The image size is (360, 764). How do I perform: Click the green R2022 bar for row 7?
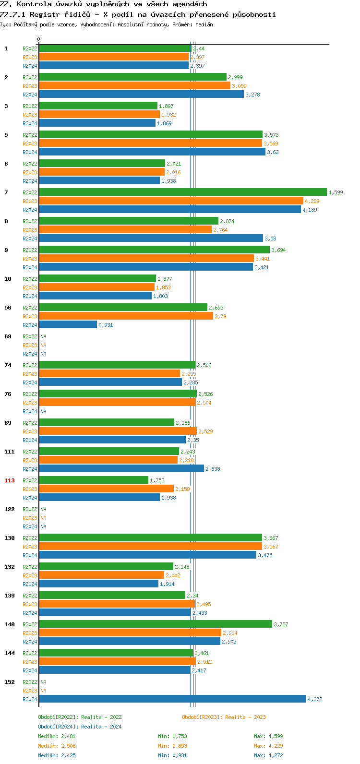pos(182,192)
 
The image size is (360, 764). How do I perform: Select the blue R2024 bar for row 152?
pos(172,699)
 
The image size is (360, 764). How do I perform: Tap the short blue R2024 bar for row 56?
pos(68,325)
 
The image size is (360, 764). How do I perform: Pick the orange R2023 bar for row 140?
pos(130,633)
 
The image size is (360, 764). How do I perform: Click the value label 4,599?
pos(336,192)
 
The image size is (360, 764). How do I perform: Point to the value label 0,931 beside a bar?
pos(106,325)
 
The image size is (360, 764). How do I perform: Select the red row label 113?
pos(10,480)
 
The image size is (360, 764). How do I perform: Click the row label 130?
pos(10,538)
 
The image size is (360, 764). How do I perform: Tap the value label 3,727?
pos(281,624)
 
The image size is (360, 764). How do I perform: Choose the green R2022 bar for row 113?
pos(94,480)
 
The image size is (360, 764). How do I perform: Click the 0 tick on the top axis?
pos(39,39)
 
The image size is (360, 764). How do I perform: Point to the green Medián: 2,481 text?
pos(57,736)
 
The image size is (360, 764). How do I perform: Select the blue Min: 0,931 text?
pos(172,755)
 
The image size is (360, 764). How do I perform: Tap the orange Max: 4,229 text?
pos(268,746)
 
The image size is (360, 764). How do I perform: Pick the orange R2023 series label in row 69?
pos(30,345)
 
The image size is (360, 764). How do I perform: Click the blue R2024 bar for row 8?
pos(151,239)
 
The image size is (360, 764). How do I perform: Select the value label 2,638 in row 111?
pos(213,469)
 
